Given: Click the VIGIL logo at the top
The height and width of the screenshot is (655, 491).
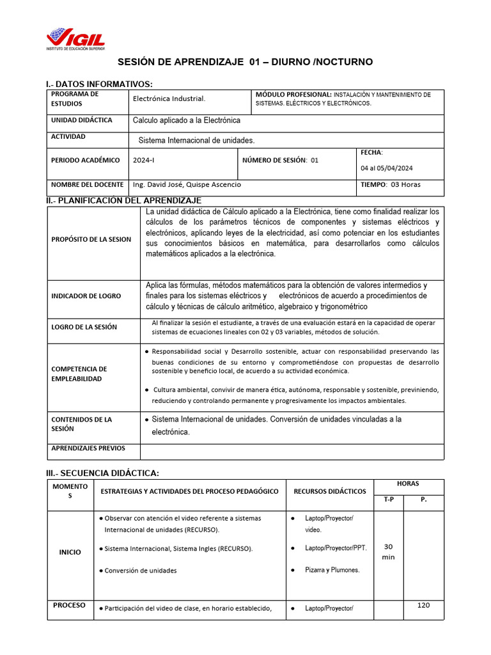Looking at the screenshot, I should coord(75,39).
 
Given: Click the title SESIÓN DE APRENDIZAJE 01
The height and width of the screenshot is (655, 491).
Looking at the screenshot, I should coord(245,62).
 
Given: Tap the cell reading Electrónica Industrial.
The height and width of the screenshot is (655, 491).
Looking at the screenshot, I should coord(169,99).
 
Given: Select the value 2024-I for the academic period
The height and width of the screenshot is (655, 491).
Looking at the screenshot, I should coord(144,161).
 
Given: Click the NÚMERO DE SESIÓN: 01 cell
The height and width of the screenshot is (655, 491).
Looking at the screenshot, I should coord(279,161).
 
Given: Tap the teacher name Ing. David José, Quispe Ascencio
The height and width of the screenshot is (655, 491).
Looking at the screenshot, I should coord(187,184).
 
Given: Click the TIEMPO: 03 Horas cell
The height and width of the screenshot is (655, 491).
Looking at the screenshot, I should coord(391,184).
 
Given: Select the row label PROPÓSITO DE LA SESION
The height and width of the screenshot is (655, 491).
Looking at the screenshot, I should coord(91,239).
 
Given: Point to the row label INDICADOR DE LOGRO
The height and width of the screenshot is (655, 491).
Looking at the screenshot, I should coord(86,296).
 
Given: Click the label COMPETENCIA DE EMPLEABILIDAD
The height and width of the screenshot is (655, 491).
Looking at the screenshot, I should coord(79,374).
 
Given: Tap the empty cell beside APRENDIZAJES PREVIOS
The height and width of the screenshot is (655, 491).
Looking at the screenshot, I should coord(292,451).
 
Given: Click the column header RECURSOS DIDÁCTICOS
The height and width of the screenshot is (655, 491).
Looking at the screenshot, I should coord(330,491).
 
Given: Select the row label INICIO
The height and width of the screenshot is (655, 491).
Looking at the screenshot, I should coord(70,552).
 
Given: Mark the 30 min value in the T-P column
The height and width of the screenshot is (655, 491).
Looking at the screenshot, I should coord(388,551).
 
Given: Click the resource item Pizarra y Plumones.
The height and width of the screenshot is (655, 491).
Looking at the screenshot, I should coord(332,569).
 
